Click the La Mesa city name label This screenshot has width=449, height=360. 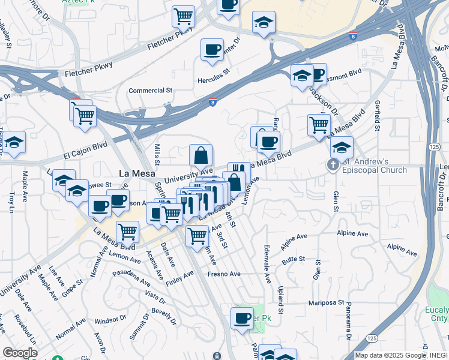tap(133, 173)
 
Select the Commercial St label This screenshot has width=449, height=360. tap(151, 91)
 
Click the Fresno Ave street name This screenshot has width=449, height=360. tap(224, 274)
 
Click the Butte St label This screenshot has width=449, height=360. tap(294, 259)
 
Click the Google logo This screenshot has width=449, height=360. tap(20, 353)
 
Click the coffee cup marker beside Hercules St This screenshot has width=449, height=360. tap(212, 50)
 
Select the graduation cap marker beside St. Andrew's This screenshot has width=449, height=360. tap(342, 147)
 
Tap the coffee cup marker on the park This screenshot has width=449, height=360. tap(243, 318)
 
